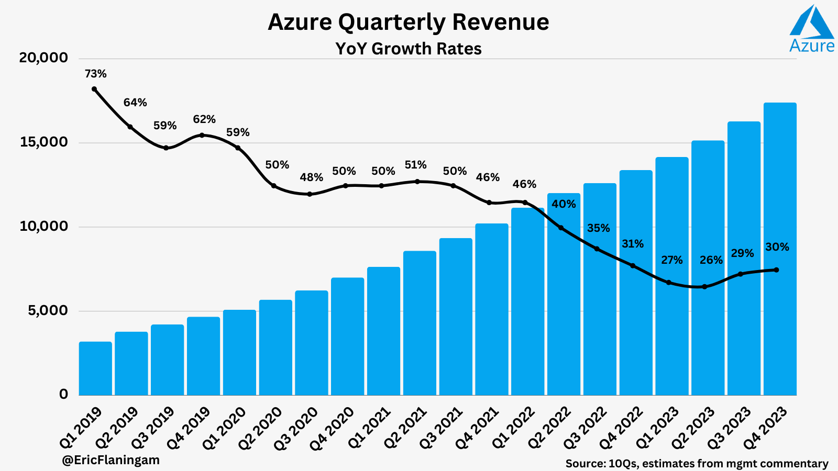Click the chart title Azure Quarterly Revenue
[408, 22]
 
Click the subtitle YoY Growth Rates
[408, 49]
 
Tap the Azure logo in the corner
[811, 29]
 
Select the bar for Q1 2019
[95, 368]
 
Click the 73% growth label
[96, 74]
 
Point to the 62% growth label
[204, 119]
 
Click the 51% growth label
[416, 165]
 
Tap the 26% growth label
[711, 260]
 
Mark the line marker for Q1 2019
[94, 89]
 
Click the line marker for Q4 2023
[776, 270]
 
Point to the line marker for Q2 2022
[561, 228]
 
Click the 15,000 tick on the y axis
[44, 142]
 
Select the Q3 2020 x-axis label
[297, 428]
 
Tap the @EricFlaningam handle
[111, 460]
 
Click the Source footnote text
[697, 463]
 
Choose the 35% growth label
[598, 228]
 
